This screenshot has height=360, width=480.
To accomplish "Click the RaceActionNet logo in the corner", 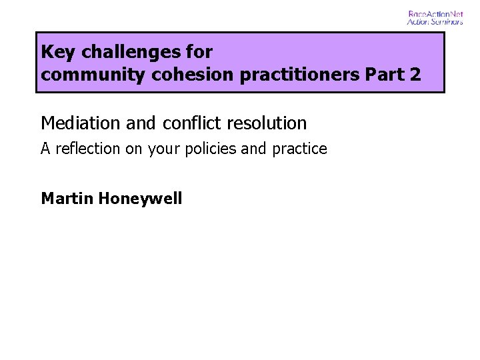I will [x=435, y=17].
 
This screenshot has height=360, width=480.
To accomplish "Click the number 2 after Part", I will [x=415, y=75].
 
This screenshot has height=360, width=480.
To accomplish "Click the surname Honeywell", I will [x=139, y=198].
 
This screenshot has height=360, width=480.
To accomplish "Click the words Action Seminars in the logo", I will [x=435, y=21].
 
